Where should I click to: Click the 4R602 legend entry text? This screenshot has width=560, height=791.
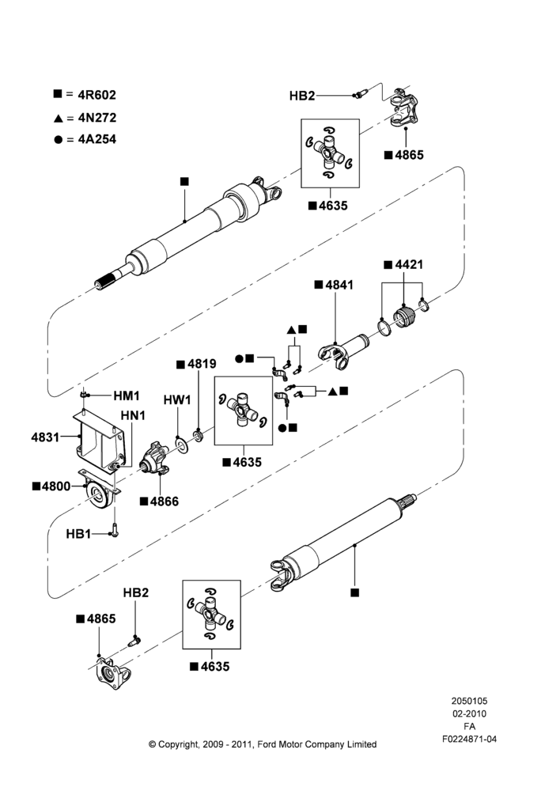click(x=96, y=95)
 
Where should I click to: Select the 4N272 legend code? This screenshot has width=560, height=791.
click(x=96, y=118)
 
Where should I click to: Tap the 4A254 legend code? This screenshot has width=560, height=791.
click(x=96, y=139)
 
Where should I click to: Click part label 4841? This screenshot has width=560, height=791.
click(x=339, y=285)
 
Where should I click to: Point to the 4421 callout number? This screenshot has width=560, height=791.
click(x=409, y=264)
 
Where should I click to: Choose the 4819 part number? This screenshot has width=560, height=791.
click(x=202, y=364)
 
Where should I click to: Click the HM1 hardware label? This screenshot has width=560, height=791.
click(x=126, y=395)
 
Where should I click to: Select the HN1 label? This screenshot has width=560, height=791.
click(x=133, y=415)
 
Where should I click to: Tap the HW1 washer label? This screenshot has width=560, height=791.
click(x=177, y=400)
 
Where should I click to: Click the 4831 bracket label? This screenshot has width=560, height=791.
click(x=45, y=437)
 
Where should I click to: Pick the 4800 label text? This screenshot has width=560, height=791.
click(x=56, y=486)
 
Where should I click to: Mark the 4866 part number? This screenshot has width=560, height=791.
click(x=165, y=501)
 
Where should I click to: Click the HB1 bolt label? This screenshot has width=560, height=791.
click(x=78, y=534)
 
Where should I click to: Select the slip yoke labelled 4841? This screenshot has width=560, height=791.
click(x=343, y=349)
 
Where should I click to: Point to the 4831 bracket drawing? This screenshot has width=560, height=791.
click(x=99, y=440)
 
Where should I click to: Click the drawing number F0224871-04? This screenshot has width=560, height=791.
click(x=469, y=739)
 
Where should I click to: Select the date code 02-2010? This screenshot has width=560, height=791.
click(x=469, y=713)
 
